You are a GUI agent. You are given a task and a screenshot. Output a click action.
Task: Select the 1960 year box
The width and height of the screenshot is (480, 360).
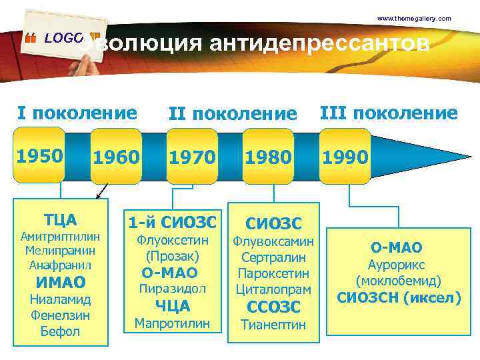pyautogui.click(x=116, y=158)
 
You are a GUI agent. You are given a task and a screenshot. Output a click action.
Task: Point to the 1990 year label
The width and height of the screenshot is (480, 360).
pyautogui.click(x=345, y=158)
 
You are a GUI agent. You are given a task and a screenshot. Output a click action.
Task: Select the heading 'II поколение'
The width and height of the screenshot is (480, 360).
pyautogui.click(x=232, y=114)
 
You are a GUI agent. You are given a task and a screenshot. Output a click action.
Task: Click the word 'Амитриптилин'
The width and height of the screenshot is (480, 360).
pyautogui.click(x=61, y=237)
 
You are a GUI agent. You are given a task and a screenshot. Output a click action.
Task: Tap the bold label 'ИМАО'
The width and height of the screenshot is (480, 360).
pyautogui.click(x=61, y=283)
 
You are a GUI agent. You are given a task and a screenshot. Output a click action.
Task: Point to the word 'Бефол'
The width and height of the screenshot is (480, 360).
pyautogui.click(x=61, y=331)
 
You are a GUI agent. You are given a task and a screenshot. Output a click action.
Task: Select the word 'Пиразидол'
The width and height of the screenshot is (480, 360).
pyautogui.click(x=172, y=289)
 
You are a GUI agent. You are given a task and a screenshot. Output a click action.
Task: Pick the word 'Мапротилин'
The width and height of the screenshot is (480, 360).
pyautogui.click(x=172, y=323)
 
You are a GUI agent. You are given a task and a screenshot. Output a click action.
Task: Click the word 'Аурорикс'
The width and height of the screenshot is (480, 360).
pyautogui.click(x=399, y=265)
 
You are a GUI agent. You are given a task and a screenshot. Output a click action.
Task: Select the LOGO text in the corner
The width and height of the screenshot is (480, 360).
pyautogui.click(x=63, y=39)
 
